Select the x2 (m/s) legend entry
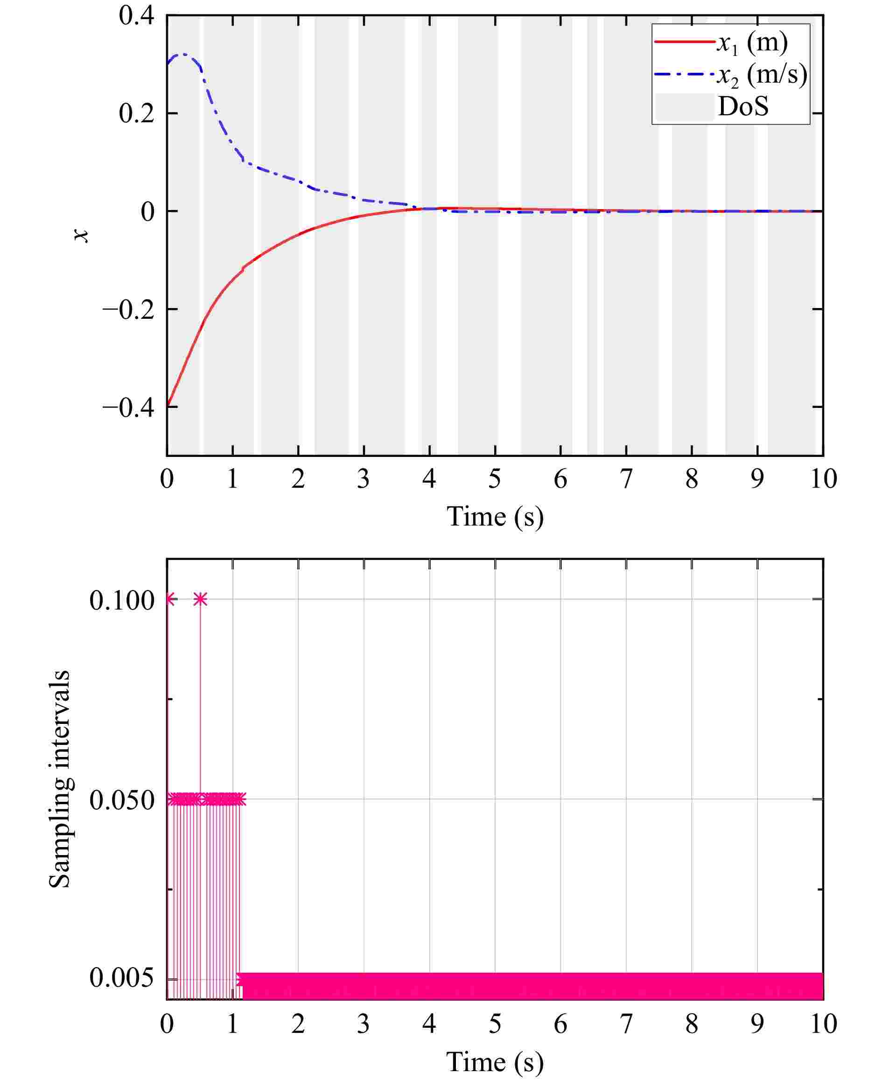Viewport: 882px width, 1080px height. (761, 75)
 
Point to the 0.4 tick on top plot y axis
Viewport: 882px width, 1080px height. (136, 16)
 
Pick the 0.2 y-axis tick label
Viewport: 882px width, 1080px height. (136, 113)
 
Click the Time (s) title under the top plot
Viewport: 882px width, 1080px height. (494, 517)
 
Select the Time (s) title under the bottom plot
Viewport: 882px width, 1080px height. (494, 1061)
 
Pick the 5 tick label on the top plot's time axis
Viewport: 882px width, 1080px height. (494, 479)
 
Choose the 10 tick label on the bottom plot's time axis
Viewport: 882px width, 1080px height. (823, 1024)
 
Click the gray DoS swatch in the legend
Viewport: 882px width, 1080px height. (684, 107)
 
